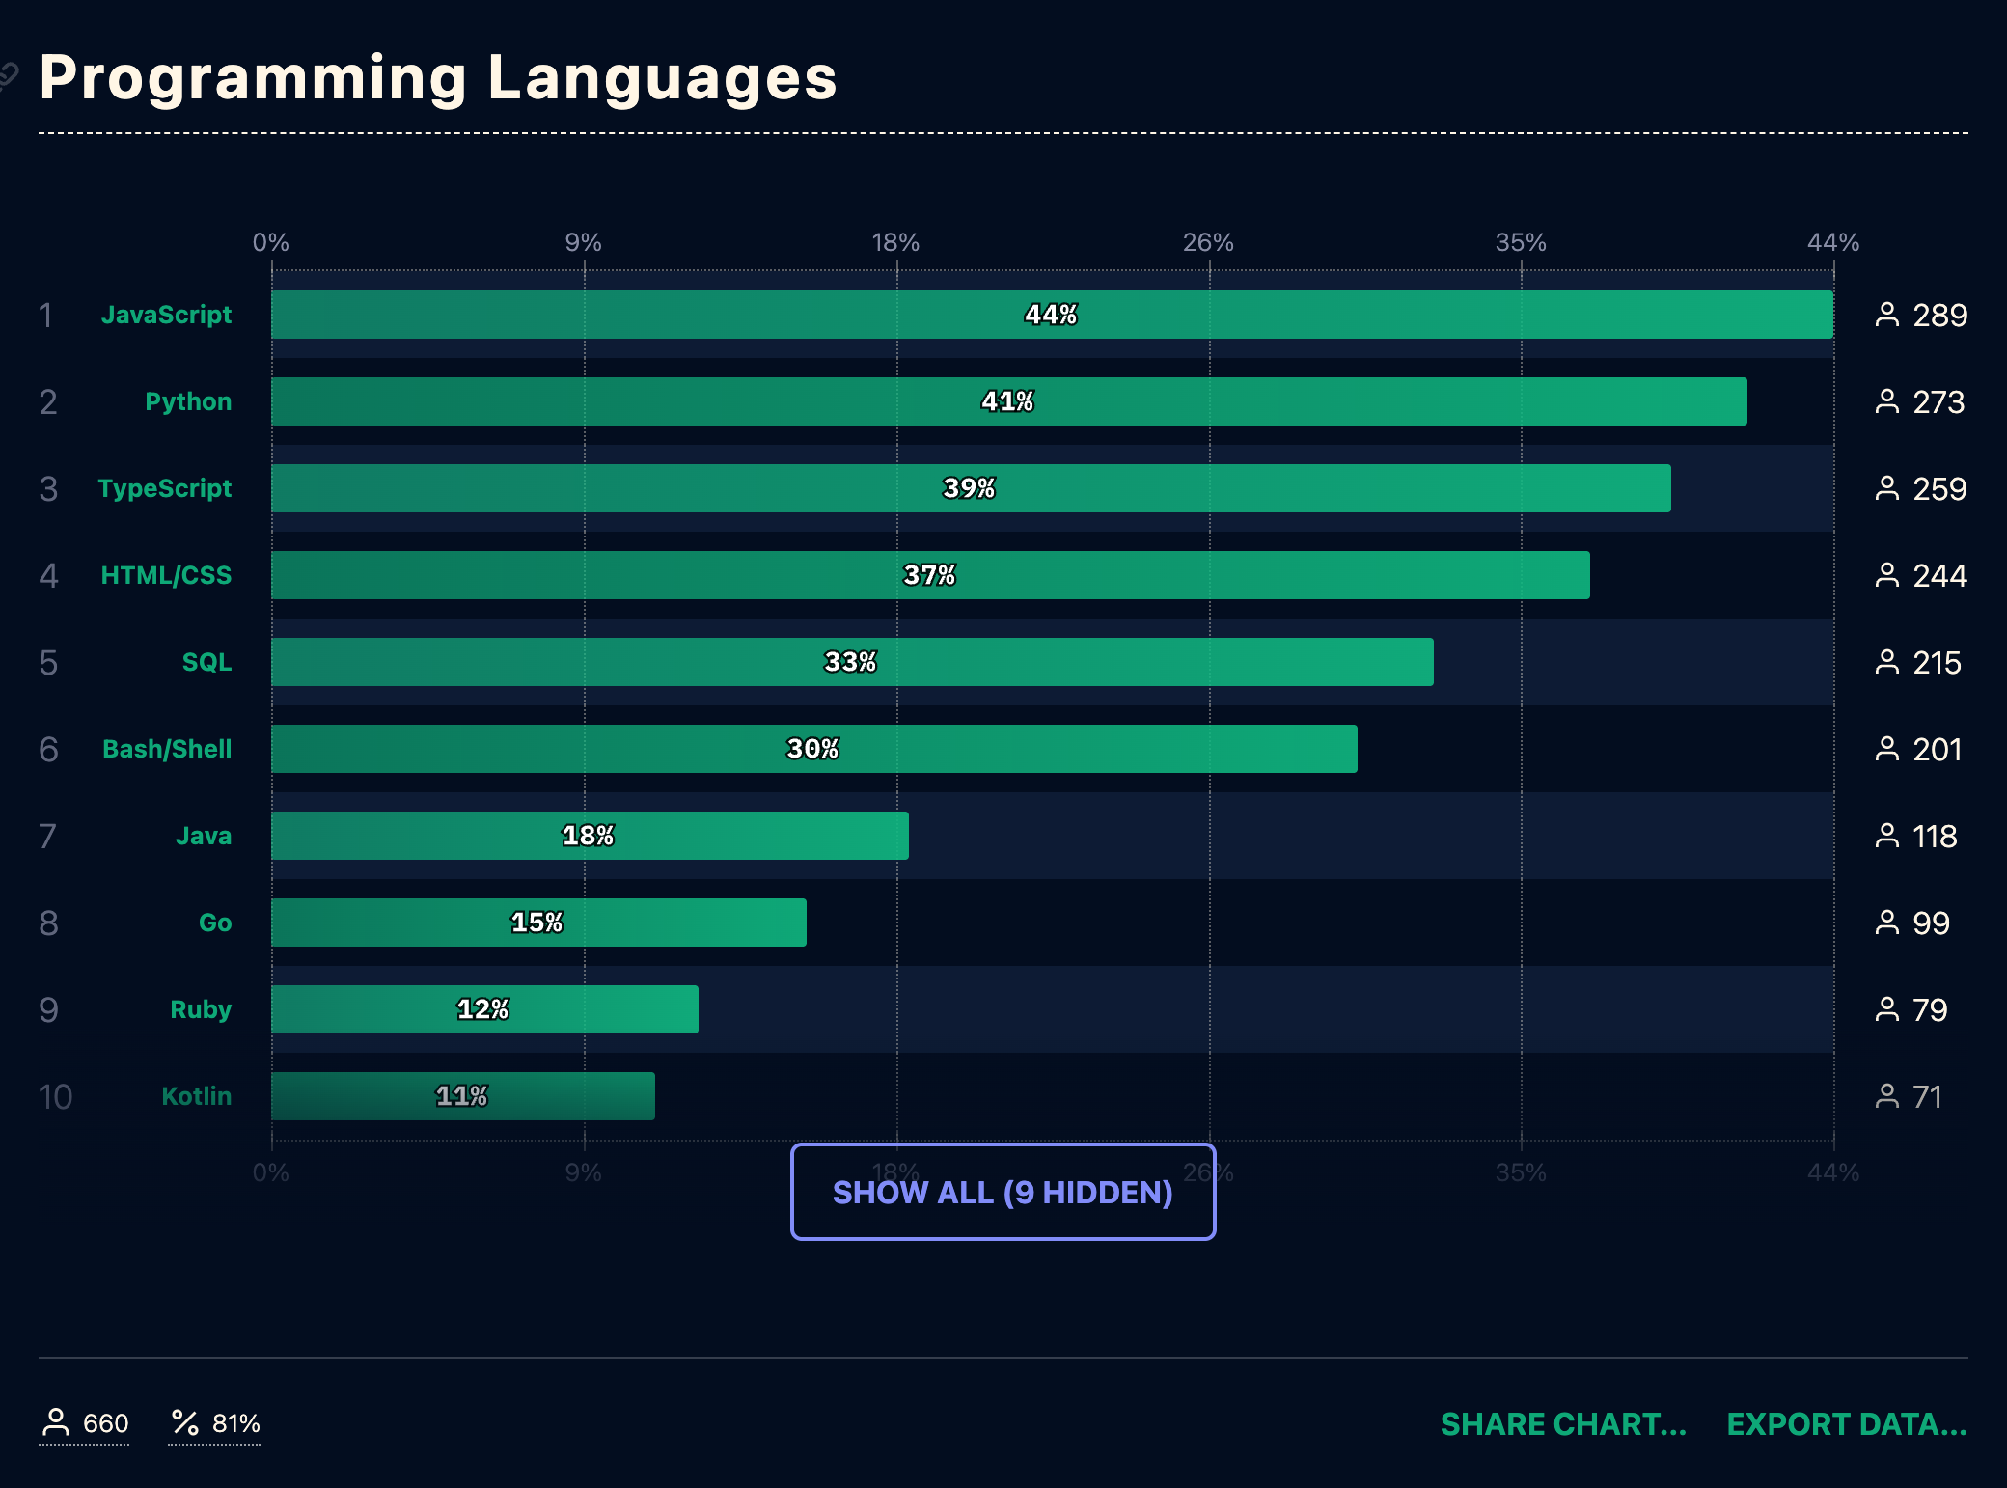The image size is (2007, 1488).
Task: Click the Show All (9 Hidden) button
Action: tap(1003, 1192)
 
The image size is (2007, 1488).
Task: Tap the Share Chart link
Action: tap(1563, 1423)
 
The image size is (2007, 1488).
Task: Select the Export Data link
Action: tap(1846, 1423)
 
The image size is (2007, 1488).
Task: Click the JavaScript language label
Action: tap(166, 315)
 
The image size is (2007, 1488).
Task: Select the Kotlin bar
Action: tap(462, 1096)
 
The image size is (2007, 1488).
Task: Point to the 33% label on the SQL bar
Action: tap(850, 662)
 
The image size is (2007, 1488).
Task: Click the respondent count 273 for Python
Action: tap(1938, 401)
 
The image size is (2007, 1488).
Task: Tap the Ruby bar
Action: tap(484, 1009)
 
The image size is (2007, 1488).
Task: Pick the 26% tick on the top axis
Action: tap(1208, 242)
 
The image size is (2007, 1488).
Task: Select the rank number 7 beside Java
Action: tap(48, 836)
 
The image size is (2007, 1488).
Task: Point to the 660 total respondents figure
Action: tap(105, 1423)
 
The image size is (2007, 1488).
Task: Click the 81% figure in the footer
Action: tap(235, 1423)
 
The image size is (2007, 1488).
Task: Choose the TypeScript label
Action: tap(164, 488)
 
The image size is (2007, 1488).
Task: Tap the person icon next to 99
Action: tap(1886, 923)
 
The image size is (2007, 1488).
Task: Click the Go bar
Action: tap(538, 923)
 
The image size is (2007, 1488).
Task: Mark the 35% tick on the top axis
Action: tap(1521, 242)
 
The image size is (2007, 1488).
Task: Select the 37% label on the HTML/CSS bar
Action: tap(929, 575)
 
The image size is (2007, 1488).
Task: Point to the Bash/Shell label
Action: tap(167, 749)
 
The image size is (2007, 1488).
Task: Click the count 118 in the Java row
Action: tap(1935, 836)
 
